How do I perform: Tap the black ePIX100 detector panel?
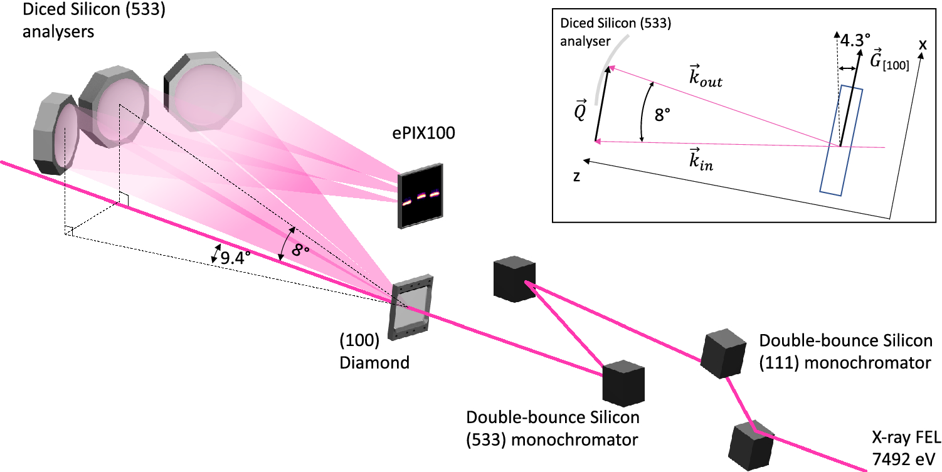420,194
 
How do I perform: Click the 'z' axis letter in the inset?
576,177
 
